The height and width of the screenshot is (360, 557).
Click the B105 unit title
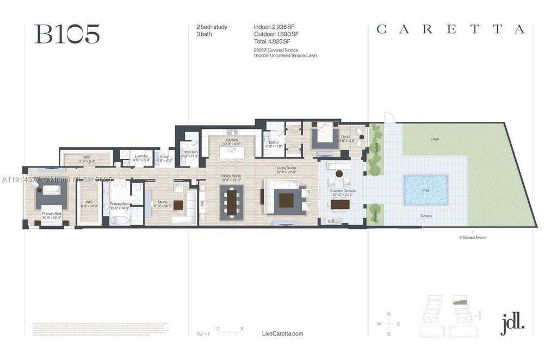point(67,34)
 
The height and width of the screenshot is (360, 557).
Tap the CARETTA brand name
point(450,30)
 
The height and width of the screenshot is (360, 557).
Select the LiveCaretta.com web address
point(282,333)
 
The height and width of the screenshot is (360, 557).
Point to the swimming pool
point(425,190)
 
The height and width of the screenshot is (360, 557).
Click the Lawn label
point(435,139)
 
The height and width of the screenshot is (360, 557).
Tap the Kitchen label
point(232,140)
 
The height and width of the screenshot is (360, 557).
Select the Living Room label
point(286,169)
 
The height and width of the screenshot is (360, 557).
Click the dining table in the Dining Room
point(232,202)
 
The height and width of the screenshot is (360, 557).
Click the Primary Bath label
point(120,204)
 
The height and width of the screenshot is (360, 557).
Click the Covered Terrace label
point(343,191)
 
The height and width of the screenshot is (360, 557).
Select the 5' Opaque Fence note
point(472,237)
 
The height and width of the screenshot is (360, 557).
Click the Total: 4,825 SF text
point(272,41)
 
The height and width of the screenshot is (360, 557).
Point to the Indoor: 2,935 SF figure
point(274,27)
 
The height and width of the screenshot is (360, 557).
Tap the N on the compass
point(388,314)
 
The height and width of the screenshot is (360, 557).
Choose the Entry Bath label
point(190,152)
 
